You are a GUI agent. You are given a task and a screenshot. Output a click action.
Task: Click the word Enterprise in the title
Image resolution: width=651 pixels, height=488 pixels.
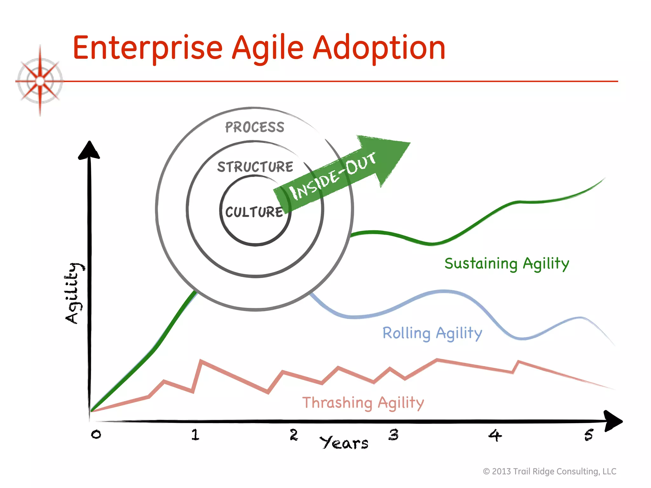coord(147,48)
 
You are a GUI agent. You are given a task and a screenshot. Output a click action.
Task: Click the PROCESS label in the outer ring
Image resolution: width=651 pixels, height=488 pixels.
coord(255,127)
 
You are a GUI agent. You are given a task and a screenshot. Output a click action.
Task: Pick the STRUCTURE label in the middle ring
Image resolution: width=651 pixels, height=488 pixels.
coord(255,167)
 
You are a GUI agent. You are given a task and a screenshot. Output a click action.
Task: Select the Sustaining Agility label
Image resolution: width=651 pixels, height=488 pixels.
coord(507,264)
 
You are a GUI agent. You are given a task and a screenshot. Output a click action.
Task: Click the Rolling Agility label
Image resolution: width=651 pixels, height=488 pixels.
coord(432,333)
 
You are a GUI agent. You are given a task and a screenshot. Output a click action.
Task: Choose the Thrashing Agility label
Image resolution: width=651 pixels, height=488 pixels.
coord(363,403)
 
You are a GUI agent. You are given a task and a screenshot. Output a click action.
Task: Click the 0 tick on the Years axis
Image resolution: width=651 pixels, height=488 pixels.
coord(96,434)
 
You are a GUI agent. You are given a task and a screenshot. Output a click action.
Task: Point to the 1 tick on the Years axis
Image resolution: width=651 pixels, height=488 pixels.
coord(195,435)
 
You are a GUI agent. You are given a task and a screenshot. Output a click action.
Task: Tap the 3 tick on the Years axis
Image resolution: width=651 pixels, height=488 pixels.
coord(394,435)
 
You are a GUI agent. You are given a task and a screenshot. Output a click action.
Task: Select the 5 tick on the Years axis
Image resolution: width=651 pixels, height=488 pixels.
coord(589,435)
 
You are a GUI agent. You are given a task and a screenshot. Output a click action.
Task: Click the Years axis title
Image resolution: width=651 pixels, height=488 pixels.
coord(344,443)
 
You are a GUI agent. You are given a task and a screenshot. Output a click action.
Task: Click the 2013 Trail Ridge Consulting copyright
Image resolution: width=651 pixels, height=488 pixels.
coord(550,471)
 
